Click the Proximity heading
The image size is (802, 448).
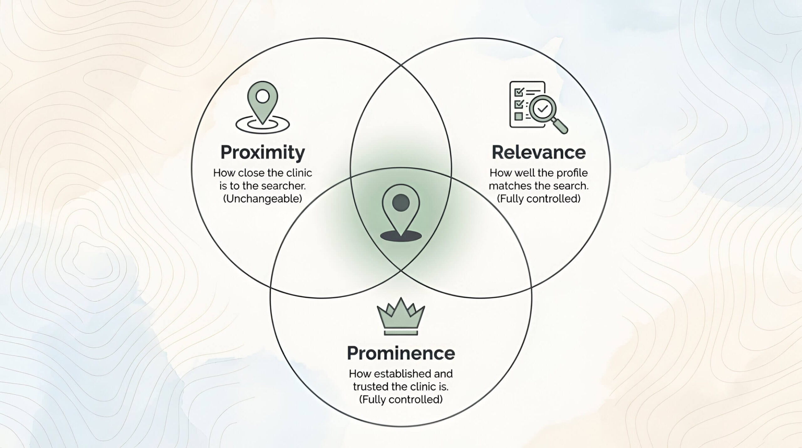263,153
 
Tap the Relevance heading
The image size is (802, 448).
539,153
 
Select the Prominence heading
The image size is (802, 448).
401,353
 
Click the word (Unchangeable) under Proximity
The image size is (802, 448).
263,199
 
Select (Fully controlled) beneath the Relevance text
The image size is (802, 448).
539,199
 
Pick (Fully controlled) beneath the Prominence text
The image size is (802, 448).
401,399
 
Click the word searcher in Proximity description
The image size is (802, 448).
284,186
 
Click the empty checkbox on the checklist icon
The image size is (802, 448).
518,116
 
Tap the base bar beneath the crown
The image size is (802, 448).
401,332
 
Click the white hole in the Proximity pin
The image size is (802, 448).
263,96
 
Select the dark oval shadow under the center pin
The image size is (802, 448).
401,236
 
